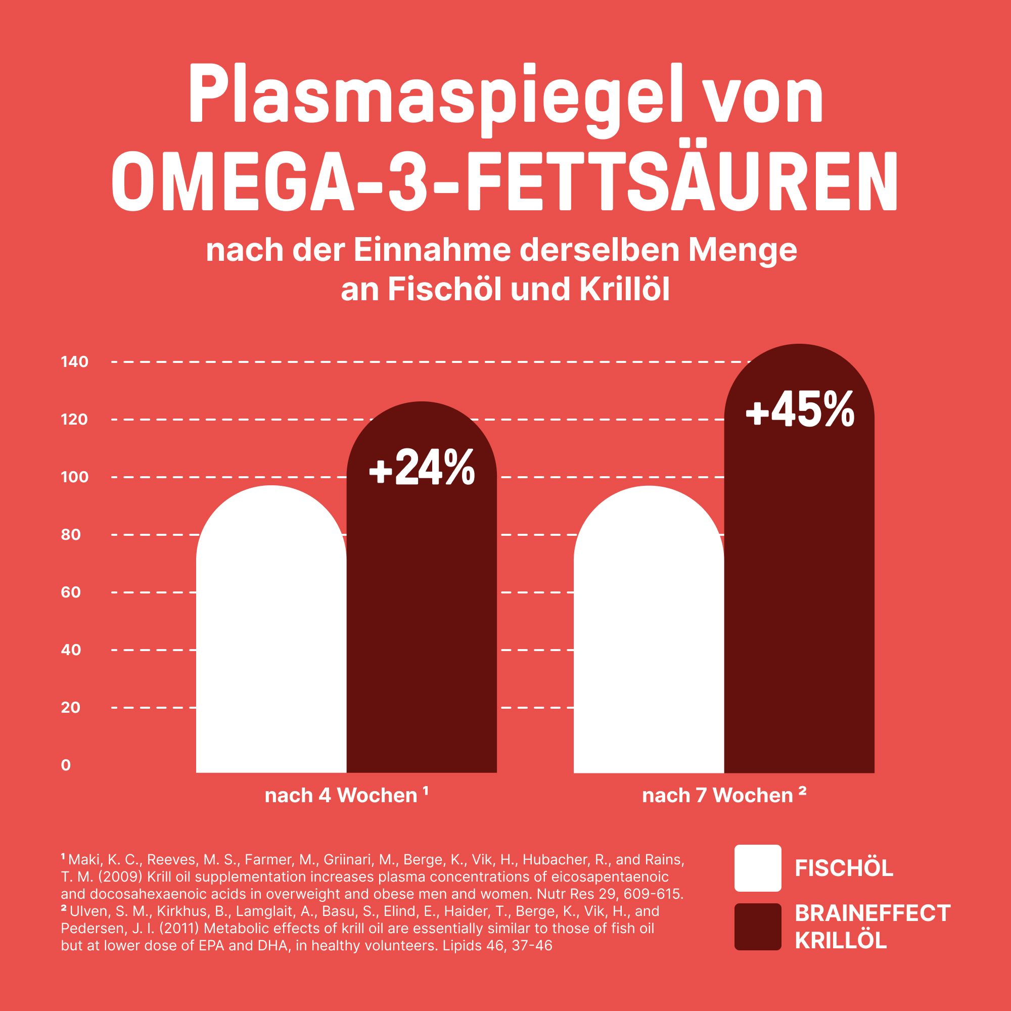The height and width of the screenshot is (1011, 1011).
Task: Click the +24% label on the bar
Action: coord(422,466)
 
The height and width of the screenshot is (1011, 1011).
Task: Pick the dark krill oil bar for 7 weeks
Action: coord(799,602)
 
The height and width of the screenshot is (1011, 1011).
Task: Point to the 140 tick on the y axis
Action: coord(74,361)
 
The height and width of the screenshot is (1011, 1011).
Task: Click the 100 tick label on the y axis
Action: coord(74,477)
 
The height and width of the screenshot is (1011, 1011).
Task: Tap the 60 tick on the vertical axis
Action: coord(71,592)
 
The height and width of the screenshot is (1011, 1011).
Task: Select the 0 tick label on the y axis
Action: coord(66,765)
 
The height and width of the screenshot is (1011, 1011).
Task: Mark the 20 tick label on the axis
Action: coord(71,708)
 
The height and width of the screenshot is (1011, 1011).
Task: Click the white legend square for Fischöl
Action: coord(758,868)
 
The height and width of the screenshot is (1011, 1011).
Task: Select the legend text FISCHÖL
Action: coord(844,868)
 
